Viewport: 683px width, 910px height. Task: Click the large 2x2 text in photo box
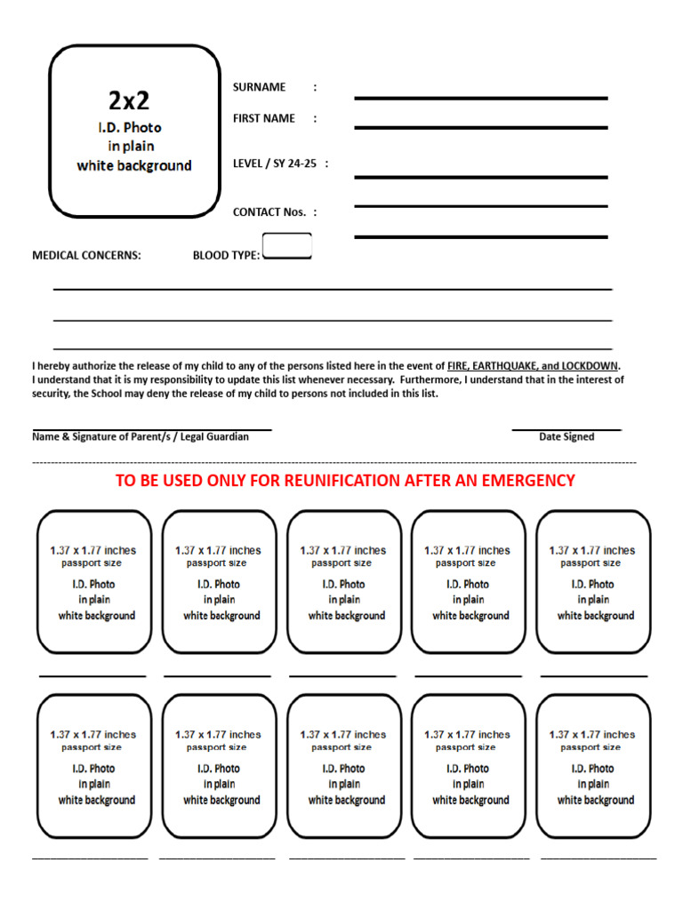130,100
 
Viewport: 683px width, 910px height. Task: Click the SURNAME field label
259,87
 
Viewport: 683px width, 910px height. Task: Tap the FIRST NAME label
263,118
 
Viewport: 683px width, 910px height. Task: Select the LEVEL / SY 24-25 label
275,164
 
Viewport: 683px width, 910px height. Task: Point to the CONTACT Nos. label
269,212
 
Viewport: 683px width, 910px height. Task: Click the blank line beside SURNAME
480,98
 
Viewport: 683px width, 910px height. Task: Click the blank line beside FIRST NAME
480,128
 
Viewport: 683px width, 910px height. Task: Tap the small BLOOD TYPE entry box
287,246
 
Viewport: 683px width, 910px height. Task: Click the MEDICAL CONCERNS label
86,256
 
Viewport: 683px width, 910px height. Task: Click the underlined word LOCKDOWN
591,366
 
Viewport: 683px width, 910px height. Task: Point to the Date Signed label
566,437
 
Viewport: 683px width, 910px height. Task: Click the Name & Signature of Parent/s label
141,437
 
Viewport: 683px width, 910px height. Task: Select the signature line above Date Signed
566,430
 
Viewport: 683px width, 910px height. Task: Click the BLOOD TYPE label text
226,256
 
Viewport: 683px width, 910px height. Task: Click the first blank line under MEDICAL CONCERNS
333,289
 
